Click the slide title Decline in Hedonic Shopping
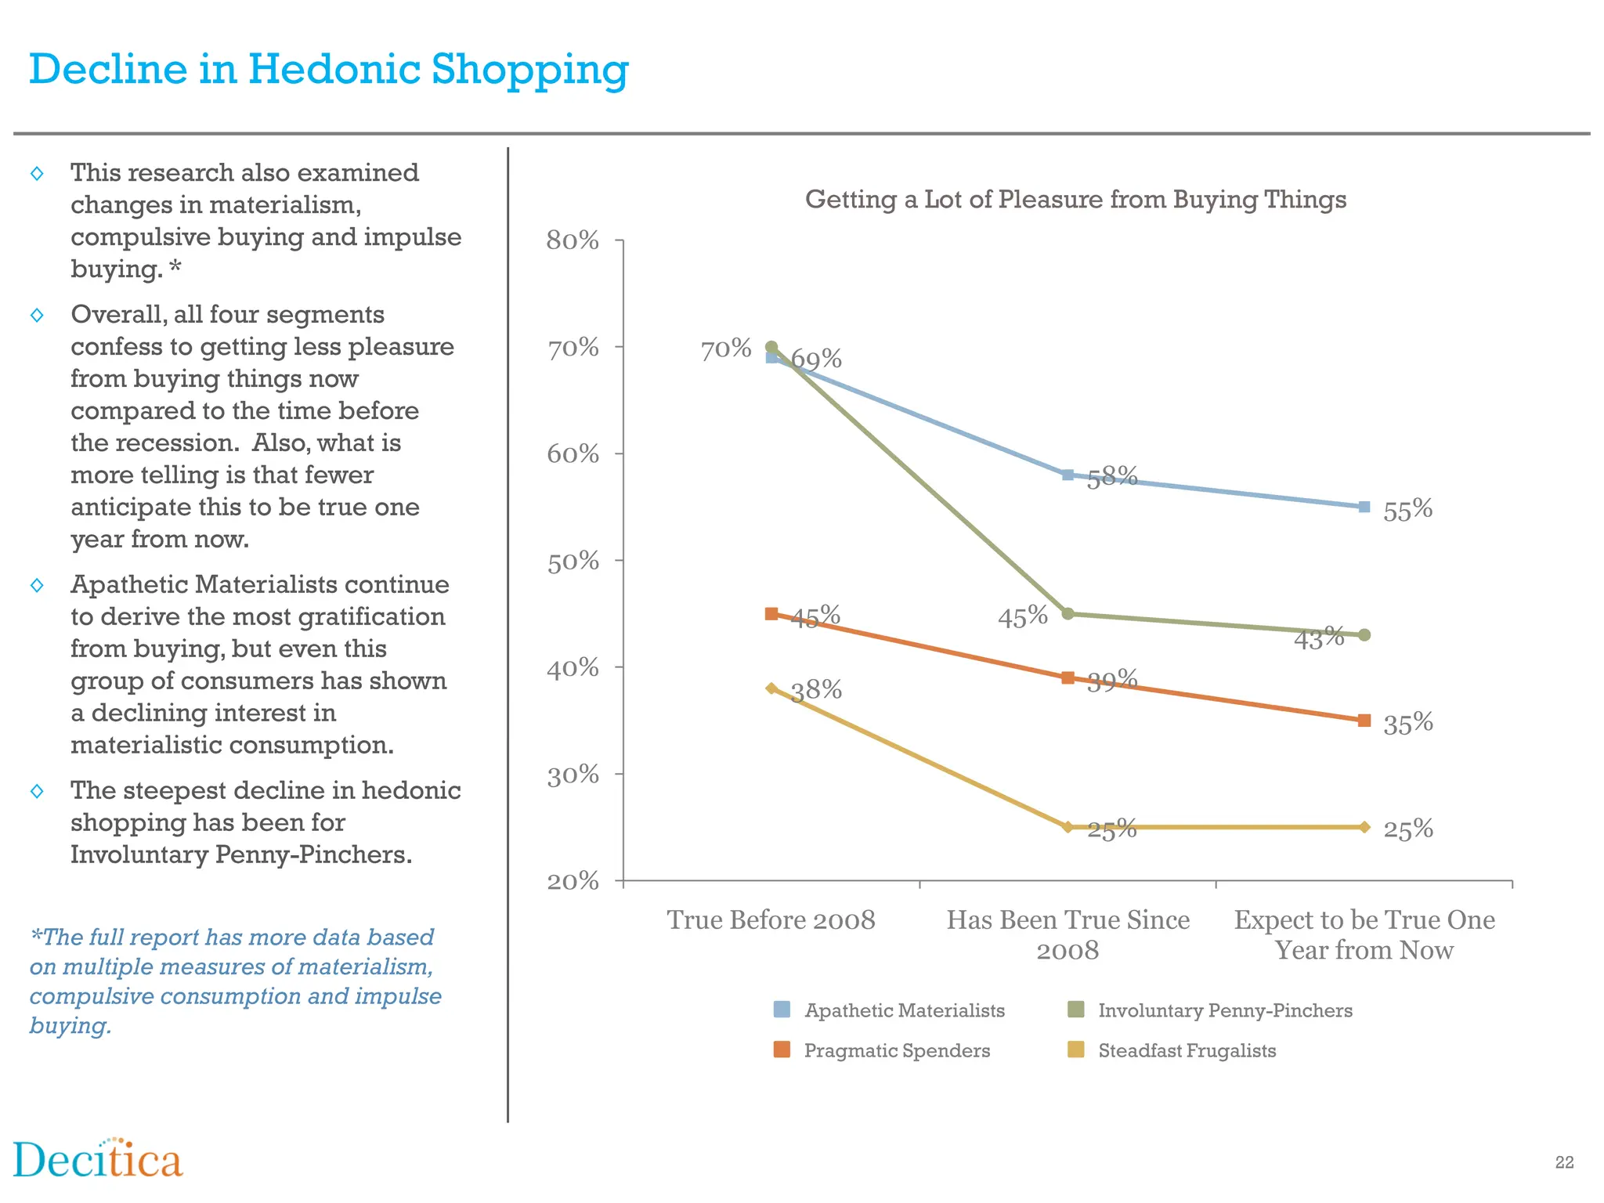click(329, 69)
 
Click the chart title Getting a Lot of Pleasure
click(1075, 199)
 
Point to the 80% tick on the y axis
click(573, 240)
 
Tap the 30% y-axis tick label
click(573, 775)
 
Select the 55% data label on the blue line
click(1407, 510)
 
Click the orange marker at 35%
click(1364, 721)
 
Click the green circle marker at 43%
click(1364, 635)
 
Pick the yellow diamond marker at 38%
click(771, 688)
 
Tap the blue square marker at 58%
click(1068, 475)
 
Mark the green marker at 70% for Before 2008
click(771, 347)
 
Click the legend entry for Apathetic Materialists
click(890, 1010)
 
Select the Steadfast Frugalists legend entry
click(1172, 1050)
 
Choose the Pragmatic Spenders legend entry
click(883, 1050)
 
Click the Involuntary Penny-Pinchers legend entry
click(1211, 1010)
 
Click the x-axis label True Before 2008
click(771, 919)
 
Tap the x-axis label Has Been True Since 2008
click(1068, 934)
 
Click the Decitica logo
click(98, 1160)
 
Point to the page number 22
click(1564, 1162)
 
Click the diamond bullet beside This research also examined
click(37, 173)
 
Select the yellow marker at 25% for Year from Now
click(1364, 827)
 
